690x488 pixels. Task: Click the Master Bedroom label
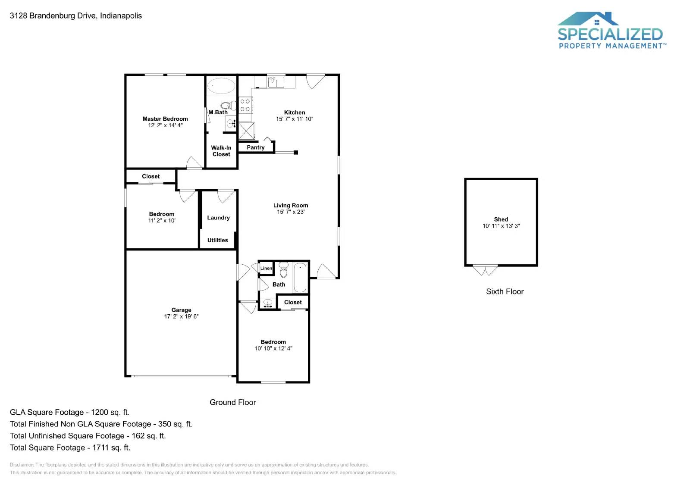click(x=165, y=119)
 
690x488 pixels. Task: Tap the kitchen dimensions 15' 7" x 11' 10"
click(x=295, y=119)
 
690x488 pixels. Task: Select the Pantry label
click(x=255, y=147)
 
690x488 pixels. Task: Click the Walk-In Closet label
click(x=221, y=151)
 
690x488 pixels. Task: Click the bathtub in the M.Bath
click(x=221, y=86)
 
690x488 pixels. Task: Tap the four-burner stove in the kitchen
click(x=245, y=105)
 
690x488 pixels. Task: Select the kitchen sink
click(x=276, y=82)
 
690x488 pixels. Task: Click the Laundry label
click(x=218, y=218)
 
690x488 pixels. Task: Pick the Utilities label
click(x=217, y=240)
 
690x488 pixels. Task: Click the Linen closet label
click(x=266, y=268)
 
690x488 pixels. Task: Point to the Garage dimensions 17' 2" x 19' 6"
click(x=181, y=316)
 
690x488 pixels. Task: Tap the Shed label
click(x=501, y=219)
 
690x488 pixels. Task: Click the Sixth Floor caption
click(x=505, y=291)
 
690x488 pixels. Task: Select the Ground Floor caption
click(x=232, y=402)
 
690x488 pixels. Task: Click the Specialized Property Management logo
click(x=610, y=31)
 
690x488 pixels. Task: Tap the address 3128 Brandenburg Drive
click(x=75, y=16)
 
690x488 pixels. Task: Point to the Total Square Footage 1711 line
click(x=70, y=447)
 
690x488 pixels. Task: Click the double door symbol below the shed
click(x=485, y=270)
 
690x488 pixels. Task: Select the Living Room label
click(x=290, y=206)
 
